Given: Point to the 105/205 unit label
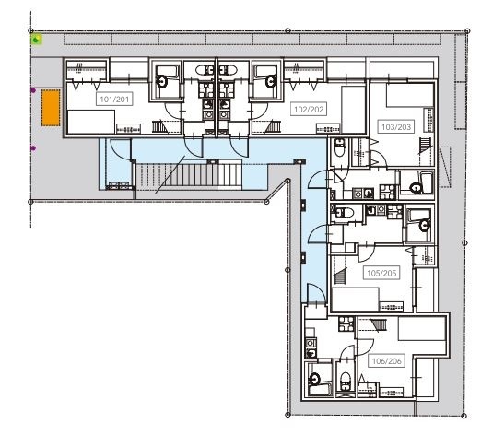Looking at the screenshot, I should click(x=380, y=273).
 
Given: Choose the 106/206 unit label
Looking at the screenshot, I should click(x=386, y=360).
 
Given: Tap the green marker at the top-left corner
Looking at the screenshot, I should click(x=36, y=40).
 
